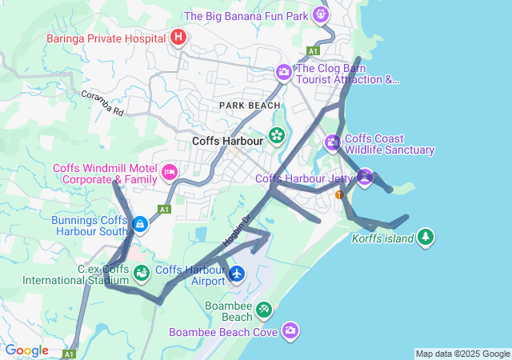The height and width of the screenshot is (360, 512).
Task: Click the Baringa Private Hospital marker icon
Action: point(178,38)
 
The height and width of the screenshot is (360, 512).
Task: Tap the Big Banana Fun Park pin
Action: point(321,14)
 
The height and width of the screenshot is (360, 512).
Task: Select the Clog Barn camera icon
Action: point(283,73)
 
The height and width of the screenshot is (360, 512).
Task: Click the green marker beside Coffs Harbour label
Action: point(277,135)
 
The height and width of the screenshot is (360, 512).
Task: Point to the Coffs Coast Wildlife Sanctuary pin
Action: point(333,143)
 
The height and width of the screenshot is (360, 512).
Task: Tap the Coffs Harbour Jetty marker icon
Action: point(365,177)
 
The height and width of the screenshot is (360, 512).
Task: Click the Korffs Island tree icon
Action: point(426,237)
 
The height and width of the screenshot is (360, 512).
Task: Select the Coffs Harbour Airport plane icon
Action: point(237,274)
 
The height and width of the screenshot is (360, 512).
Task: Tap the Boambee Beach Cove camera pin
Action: point(290,330)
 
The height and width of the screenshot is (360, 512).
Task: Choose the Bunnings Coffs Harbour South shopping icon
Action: point(141,225)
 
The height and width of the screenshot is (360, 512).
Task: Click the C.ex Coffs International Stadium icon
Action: point(142,274)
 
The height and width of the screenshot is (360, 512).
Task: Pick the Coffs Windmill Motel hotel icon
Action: point(169,173)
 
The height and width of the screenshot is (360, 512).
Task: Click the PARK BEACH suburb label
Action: point(250,105)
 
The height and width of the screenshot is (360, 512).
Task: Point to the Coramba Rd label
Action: point(102,103)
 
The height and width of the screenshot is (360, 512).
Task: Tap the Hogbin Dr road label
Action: point(237,229)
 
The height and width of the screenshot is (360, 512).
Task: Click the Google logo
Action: point(26,350)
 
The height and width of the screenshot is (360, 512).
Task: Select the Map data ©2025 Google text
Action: point(462,354)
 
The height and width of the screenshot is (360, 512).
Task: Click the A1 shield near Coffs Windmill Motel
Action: point(164,209)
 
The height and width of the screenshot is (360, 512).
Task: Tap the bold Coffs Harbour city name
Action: point(228,142)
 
